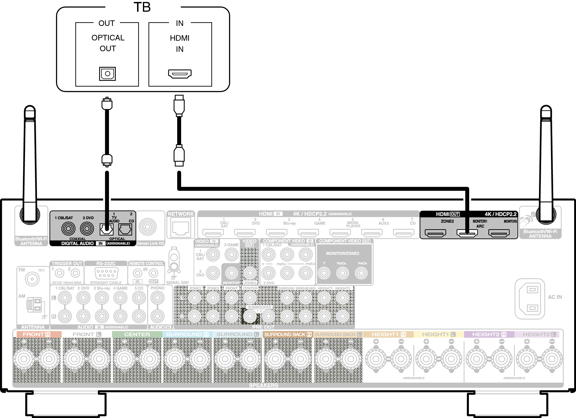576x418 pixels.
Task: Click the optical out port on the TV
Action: click(107, 74)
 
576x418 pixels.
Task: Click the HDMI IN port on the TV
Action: click(180, 74)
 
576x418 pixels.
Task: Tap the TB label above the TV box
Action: click(142, 7)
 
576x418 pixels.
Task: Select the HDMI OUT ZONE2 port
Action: click(435, 233)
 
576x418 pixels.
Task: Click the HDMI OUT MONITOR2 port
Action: click(499, 233)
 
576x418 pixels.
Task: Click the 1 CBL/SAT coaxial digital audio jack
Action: click(68, 229)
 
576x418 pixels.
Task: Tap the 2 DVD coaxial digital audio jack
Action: click(87, 229)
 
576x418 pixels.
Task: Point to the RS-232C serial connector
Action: click(106, 273)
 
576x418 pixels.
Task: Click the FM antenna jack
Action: click(32, 279)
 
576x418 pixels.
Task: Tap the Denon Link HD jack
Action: click(148, 227)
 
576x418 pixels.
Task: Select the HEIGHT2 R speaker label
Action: click(489, 334)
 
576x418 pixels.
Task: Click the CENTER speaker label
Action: click(137, 334)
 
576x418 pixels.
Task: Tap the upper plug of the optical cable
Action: click(107, 104)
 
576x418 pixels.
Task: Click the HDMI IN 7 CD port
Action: click(403, 233)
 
